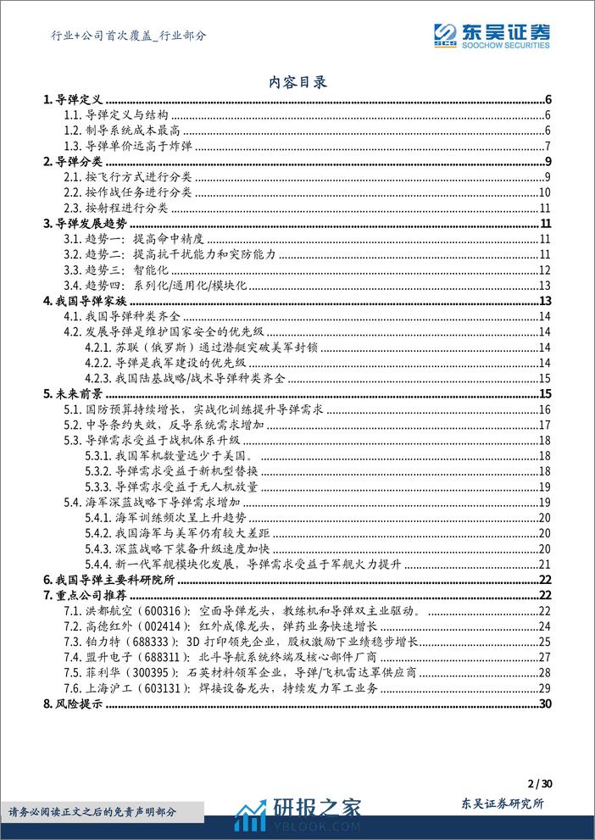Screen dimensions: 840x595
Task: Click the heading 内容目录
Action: [x=297, y=82]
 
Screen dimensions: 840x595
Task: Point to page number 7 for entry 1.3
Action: [x=548, y=147]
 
